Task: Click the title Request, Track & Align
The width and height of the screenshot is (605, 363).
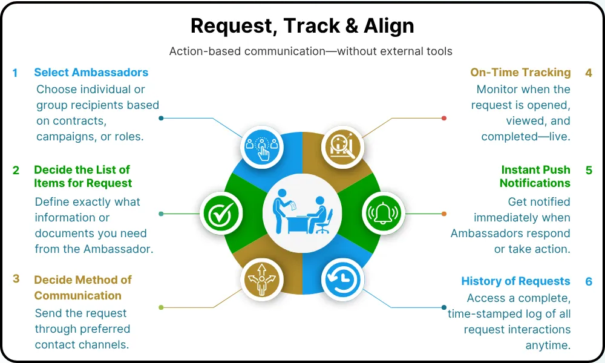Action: pos(302,26)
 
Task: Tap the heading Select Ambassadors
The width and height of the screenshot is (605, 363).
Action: pos(91,73)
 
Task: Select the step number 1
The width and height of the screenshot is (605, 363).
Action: pos(15,73)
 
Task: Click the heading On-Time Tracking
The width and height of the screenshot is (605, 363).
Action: pos(520,73)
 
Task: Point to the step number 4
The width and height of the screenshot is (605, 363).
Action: pos(588,73)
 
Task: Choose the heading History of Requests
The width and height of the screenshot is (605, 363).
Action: pos(515,281)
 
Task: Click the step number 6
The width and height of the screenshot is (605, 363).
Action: pos(588,281)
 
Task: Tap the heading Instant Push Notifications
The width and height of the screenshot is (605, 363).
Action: pos(535,176)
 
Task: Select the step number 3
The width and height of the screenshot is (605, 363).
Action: pos(16,279)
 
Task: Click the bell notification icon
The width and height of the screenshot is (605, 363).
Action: pos(384,213)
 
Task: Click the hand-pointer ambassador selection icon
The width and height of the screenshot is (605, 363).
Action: pos(261,146)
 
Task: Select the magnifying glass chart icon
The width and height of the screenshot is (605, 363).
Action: pos(342,146)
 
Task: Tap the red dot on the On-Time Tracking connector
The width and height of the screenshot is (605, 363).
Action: pos(443,118)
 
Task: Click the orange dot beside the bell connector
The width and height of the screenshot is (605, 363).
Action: pos(444,214)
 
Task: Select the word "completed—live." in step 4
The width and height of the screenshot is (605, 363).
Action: pos(526,137)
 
